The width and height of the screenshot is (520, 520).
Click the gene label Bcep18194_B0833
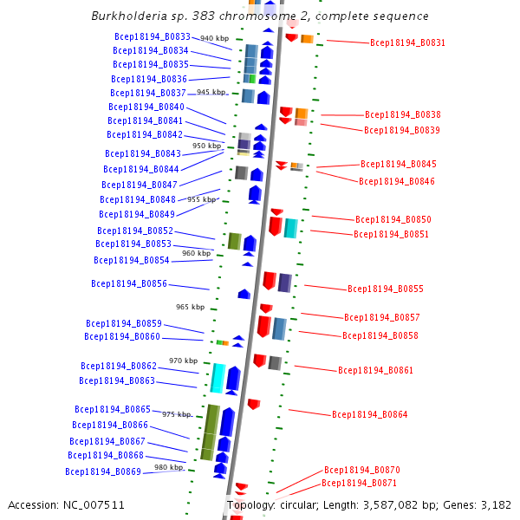click(x=152, y=36)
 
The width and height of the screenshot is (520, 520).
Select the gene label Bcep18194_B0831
click(x=407, y=42)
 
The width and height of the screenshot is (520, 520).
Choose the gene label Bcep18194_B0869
click(x=102, y=471)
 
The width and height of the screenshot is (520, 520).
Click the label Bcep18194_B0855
click(x=385, y=289)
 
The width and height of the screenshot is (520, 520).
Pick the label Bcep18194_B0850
click(x=393, y=219)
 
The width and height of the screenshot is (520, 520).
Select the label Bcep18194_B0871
click(x=359, y=483)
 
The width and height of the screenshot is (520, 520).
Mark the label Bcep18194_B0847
click(x=139, y=185)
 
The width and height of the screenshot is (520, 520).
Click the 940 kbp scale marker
click(x=214, y=39)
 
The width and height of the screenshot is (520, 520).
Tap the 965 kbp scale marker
click(x=190, y=307)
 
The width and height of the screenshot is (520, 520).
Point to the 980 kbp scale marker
click(x=168, y=468)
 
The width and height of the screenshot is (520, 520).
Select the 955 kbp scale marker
click(x=201, y=199)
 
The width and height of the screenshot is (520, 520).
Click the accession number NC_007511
click(x=94, y=505)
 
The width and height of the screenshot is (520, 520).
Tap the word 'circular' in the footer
click(x=300, y=505)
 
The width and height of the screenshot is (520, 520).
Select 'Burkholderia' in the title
click(x=129, y=16)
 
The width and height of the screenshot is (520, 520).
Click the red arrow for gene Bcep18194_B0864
click(x=254, y=404)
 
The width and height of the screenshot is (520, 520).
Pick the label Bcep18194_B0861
click(x=375, y=370)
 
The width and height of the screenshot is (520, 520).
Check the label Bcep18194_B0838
click(x=402, y=114)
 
